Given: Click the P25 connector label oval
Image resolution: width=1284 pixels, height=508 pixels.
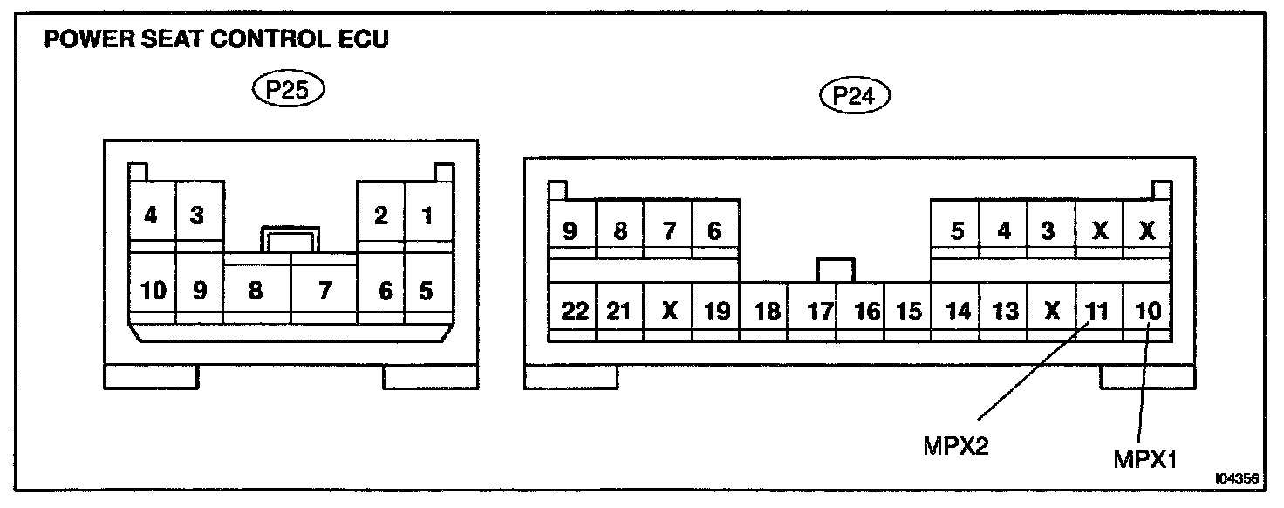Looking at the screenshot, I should (x=286, y=92).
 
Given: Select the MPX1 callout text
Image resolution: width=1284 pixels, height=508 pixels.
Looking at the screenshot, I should (x=1145, y=458).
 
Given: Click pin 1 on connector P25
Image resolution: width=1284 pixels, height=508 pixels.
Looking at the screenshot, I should (x=427, y=216).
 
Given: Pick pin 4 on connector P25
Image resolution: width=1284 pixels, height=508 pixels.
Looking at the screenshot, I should (x=152, y=216).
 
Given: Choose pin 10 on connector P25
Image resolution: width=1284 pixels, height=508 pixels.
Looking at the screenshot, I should (x=153, y=291).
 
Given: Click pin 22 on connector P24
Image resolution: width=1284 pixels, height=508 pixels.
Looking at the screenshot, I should (x=574, y=312).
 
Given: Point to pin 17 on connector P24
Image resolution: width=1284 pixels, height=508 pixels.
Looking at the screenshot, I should (x=820, y=312).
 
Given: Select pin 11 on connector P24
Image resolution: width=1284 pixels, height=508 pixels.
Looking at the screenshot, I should (x=1098, y=312).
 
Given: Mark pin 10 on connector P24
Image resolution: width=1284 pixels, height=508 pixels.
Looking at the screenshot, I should (x=1147, y=312).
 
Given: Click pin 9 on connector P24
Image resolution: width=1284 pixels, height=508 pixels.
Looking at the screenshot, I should (x=571, y=231).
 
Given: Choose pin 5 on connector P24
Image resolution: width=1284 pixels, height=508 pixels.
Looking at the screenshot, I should (x=957, y=231).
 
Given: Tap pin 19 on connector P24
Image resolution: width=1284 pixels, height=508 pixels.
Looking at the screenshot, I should (x=716, y=312).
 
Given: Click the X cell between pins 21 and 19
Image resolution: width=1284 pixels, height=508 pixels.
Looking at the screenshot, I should (x=669, y=312).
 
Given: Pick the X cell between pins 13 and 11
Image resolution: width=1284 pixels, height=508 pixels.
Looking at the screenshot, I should (x=1052, y=312).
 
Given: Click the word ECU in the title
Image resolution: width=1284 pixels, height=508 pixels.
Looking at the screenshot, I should (x=359, y=40).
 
